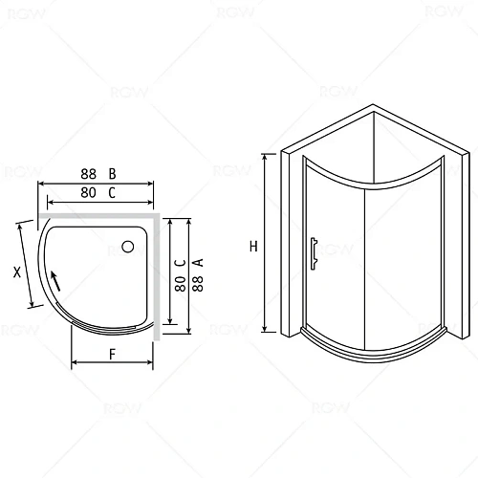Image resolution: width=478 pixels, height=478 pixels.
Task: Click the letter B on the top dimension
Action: [112, 174]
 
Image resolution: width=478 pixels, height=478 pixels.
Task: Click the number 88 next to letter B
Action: [89, 174]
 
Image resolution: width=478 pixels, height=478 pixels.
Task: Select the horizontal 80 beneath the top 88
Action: [89, 192]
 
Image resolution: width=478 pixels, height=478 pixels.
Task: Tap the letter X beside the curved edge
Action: [17, 272]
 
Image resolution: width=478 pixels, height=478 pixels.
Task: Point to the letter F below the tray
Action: [112, 353]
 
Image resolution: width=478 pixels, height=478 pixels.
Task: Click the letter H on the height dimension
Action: [253, 246]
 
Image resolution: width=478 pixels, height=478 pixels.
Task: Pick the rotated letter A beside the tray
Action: [196, 260]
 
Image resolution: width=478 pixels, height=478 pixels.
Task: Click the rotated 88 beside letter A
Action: [196, 285]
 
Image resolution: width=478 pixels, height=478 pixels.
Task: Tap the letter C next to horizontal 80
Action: [112, 192]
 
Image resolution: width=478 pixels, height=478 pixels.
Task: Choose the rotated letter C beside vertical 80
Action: [179, 260]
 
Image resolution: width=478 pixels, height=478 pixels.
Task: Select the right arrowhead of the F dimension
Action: [151, 364]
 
